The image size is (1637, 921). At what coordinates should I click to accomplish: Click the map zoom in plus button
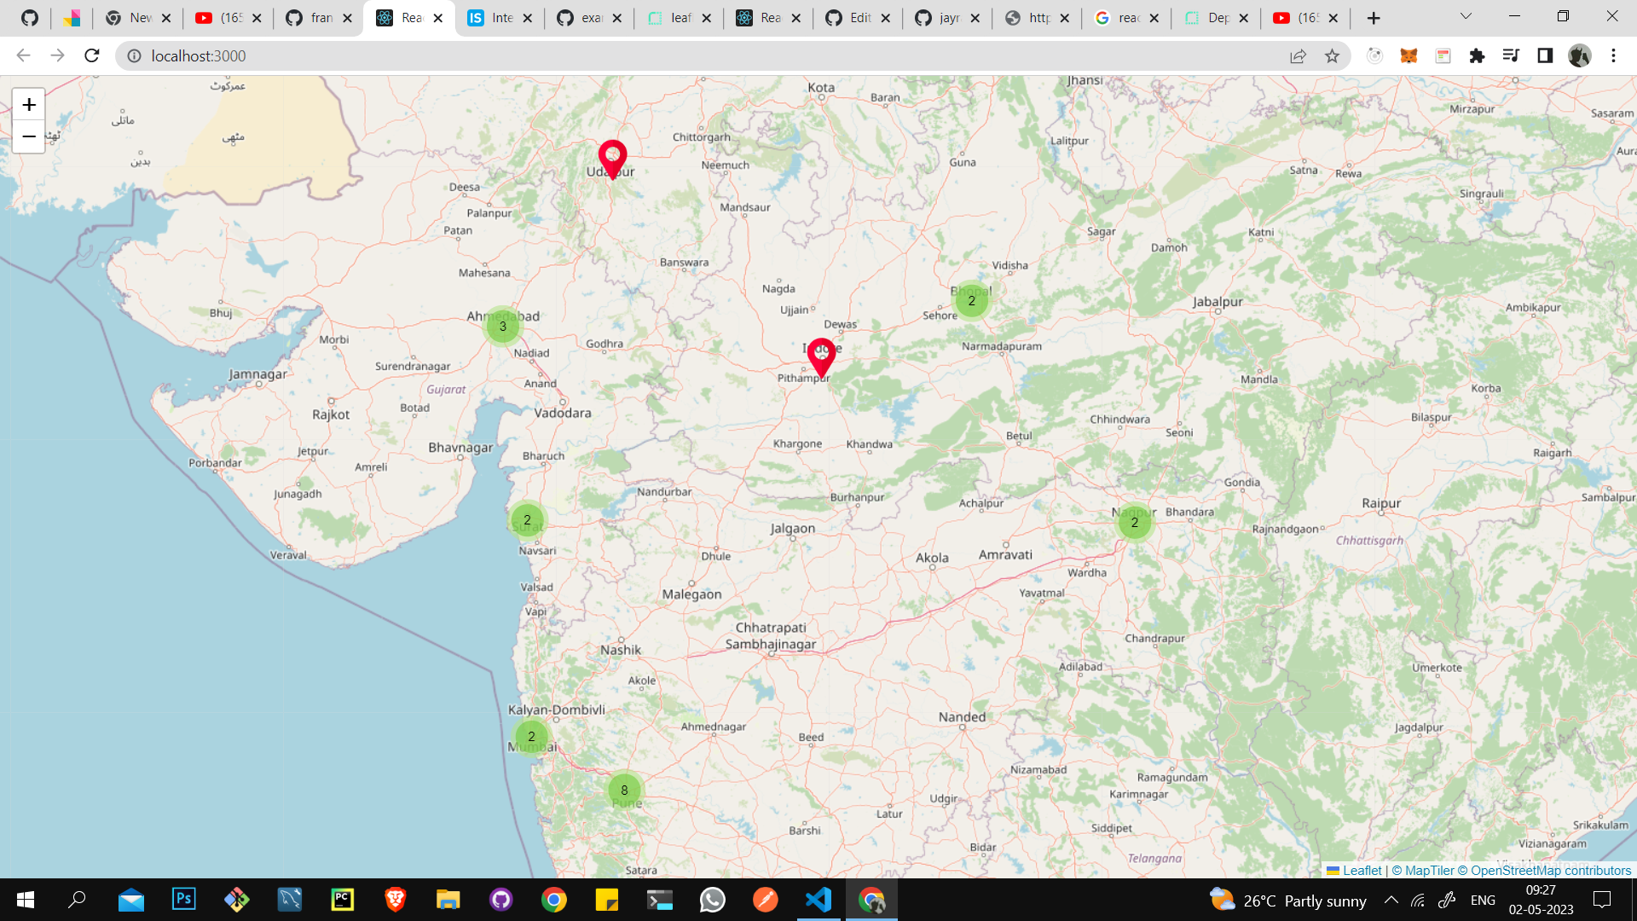[29, 105]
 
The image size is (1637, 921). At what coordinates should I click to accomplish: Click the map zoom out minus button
[29, 136]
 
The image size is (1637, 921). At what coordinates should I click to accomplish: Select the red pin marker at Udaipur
[612, 157]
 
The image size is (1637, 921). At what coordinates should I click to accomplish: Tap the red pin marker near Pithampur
[821, 355]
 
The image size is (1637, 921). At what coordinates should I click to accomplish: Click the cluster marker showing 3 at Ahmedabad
[503, 326]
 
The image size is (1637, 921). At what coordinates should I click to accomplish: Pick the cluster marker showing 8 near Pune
[624, 790]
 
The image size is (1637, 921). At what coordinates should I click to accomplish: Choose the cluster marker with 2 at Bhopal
[971, 300]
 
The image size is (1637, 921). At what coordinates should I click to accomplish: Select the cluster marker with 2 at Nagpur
[1134, 522]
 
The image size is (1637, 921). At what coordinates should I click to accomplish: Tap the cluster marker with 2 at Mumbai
[531, 737]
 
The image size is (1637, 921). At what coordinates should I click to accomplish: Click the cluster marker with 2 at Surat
[527, 519]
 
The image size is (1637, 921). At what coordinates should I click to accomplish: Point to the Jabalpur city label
[1218, 302]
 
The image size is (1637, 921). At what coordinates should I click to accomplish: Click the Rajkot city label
[331, 414]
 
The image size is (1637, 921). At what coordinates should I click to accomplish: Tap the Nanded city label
[962, 717]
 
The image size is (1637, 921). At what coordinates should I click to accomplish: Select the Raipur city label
[1381, 503]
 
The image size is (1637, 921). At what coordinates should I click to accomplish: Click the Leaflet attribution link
[1362, 871]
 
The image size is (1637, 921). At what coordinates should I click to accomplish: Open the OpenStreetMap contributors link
[1550, 871]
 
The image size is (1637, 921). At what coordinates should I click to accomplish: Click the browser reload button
[92, 56]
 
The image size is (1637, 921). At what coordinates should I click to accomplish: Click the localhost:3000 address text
[199, 56]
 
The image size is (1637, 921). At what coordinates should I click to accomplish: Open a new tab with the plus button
[1374, 18]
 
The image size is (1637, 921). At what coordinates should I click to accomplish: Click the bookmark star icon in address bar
[1332, 56]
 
